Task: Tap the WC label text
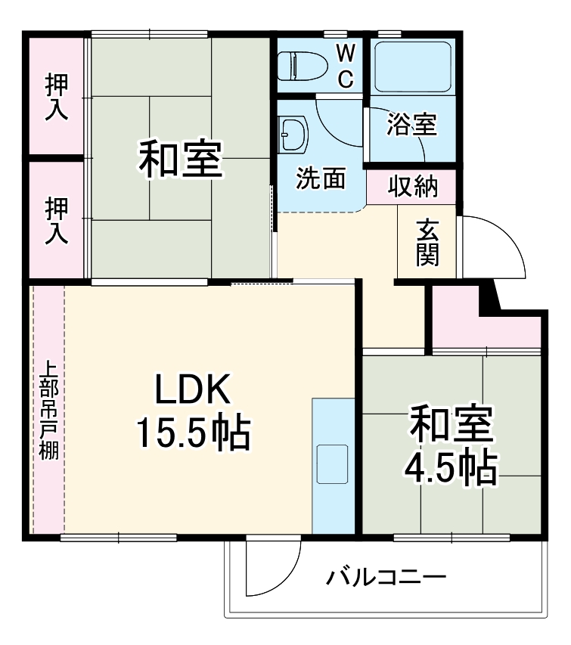point(344,66)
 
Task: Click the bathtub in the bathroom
point(412,67)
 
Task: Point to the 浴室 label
point(411,125)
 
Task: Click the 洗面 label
point(320,178)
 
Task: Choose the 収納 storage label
point(413,187)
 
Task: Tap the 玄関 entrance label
point(427,241)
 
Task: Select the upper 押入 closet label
point(57,97)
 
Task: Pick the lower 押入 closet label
point(57,220)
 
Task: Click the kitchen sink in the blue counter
point(331,464)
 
